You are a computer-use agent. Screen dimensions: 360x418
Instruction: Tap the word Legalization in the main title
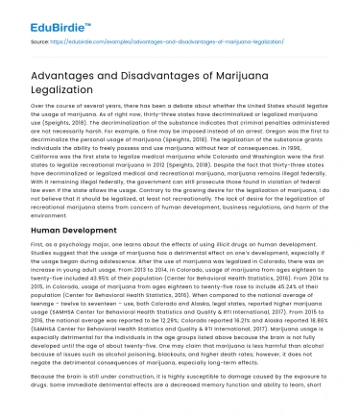pos(65,96)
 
